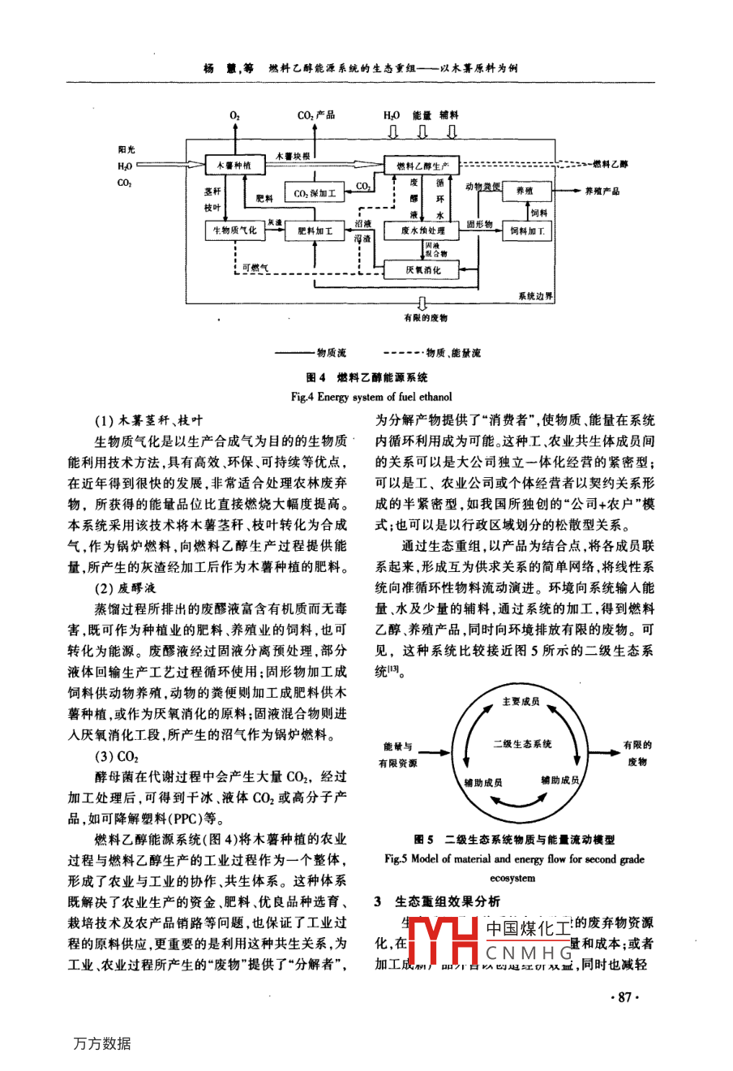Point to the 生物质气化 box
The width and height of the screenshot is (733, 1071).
pos(234,230)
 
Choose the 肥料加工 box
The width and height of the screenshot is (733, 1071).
pos(315,230)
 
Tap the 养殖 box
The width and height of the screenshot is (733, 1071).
pos(525,191)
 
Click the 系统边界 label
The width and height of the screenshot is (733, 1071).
pos(536,297)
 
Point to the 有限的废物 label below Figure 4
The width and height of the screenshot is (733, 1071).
pos(425,318)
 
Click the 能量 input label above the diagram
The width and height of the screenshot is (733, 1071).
pos(422,116)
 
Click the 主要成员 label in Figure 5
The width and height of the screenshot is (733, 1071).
pos(520,701)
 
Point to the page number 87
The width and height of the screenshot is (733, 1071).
pos(624,998)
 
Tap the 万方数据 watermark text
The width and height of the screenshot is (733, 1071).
pos(101,1044)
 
